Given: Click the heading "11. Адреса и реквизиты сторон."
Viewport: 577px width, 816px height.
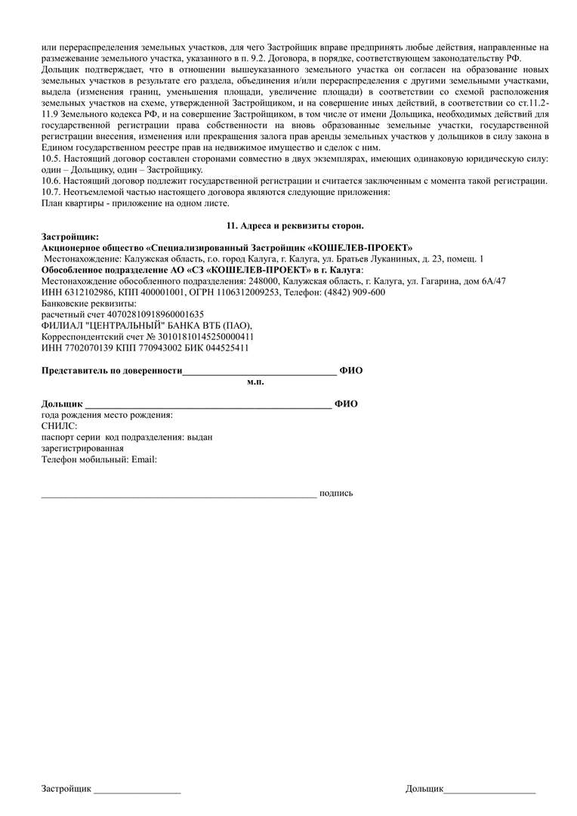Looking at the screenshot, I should tap(295, 226).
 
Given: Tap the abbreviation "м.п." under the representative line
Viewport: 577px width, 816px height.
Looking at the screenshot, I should tap(255, 382).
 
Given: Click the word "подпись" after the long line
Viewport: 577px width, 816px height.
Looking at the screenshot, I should tap(336, 493).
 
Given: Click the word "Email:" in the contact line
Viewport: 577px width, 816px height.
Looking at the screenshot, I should tap(144, 459).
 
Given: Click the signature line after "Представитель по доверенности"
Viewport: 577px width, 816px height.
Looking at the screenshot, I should tap(260, 371).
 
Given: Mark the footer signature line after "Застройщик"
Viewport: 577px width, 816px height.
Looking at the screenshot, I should tap(137, 790).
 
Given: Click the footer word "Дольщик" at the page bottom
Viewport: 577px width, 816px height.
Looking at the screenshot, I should tap(424, 789).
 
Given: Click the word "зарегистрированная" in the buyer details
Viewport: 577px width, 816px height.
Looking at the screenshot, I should tap(82, 448).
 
